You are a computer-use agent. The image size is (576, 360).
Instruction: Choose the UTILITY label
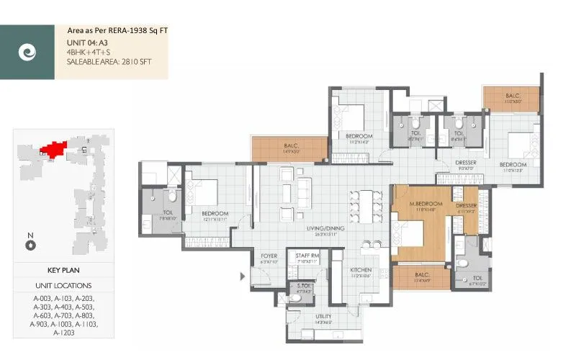pyautogui.click(x=323, y=316)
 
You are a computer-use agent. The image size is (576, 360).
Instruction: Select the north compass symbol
pyautogui.click(x=30, y=244)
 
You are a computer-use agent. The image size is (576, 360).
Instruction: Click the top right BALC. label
pyautogui.click(x=513, y=95)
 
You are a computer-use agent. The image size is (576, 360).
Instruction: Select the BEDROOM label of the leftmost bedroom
pyautogui.click(x=215, y=213)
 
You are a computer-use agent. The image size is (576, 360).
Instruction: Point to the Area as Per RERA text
pyautogui.click(x=117, y=31)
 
